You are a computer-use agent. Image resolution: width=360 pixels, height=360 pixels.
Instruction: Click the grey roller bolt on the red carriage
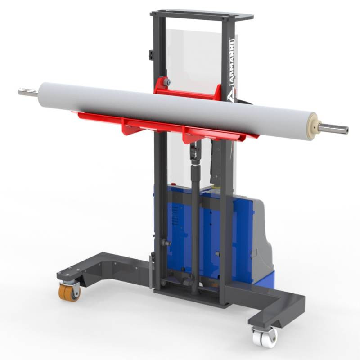pyautogui.click(x=166, y=82)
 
